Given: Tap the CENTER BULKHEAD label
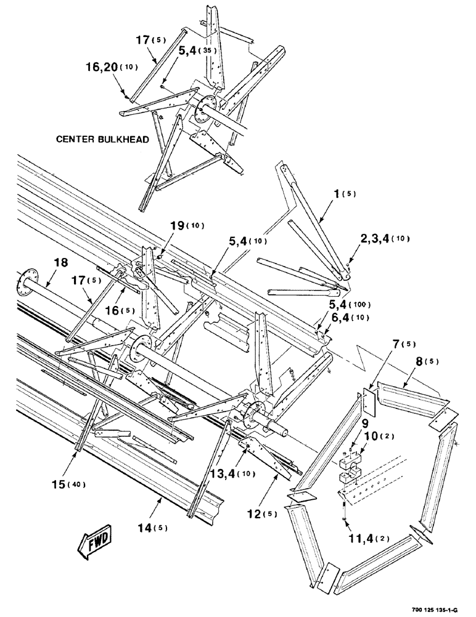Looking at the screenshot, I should (102, 139).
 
